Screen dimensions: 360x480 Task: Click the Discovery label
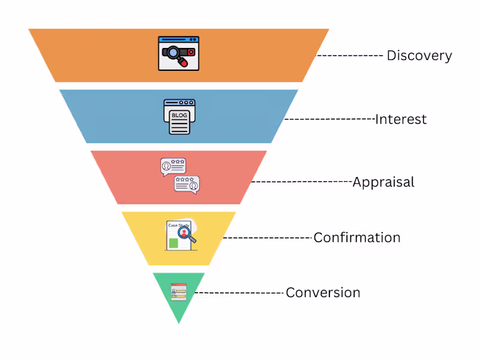[x=419, y=56]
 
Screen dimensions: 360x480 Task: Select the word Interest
[x=401, y=119]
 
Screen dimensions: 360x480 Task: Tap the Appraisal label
[x=383, y=182]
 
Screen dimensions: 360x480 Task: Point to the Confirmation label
[x=357, y=238]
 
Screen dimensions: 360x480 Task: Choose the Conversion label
[x=323, y=293]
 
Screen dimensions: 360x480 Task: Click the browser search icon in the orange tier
[x=179, y=53]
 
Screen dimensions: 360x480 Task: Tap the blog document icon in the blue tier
[x=179, y=116]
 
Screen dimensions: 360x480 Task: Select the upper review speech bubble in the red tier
[x=173, y=167]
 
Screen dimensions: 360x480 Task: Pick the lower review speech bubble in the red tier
[x=187, y=184]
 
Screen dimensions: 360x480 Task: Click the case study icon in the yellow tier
[x=180, y=236]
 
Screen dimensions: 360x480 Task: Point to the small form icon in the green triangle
[x=179, y=292]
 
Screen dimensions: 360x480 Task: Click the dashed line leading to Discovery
[x=350, y=55]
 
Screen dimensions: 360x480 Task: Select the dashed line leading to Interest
[x=329, y=119]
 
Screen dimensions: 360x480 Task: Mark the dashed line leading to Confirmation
[x=268, y=238]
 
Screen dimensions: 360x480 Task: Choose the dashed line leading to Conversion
[x=240, y=293]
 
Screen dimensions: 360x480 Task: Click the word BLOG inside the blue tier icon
[x=179, y=115]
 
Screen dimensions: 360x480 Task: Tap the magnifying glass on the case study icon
[x=187, y=235]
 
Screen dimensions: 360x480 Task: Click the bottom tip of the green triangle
[x=179, y=323]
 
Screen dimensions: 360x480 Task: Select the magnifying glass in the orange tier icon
[x=173, y=53]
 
